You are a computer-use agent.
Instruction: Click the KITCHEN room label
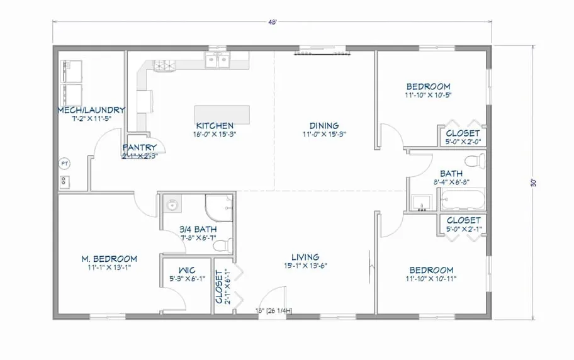coord(215,126)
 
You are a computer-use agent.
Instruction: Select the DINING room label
coord(324,126)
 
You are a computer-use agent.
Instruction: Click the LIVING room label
coord(305,257)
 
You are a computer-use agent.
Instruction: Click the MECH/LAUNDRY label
coord(91,110)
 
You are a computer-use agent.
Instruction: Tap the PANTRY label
coord(140,148)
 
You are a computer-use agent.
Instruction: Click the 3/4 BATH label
coord(198,229)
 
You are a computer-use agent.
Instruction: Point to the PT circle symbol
coord(64,163)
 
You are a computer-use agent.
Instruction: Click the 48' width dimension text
coord(271,23)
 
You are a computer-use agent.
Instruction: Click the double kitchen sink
coord(218,60)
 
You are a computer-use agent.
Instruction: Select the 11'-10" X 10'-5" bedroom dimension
coord(428,95)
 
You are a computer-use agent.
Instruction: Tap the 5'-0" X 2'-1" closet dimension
coord(463,228)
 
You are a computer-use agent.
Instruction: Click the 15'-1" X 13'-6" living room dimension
coord(305,266)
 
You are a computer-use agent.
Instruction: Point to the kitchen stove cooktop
coord(163,64)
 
